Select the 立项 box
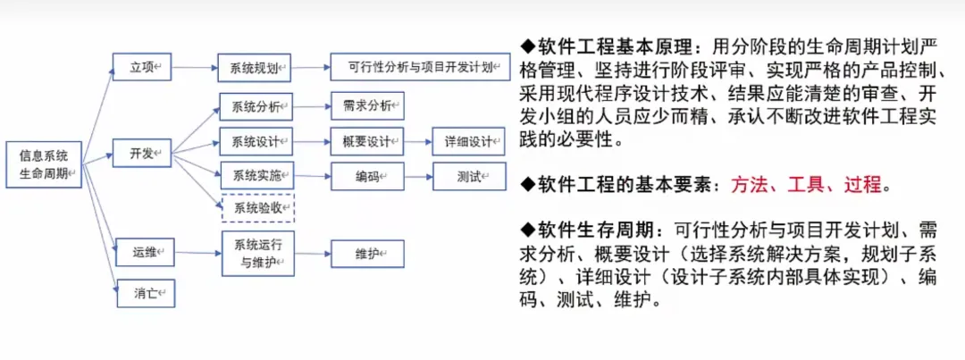click(143, 66)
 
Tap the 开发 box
click(143, 154)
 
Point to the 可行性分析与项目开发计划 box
click(420, 67)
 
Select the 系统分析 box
click(256, 106)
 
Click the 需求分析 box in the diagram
click(367, 106)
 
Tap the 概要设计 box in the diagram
click(367, 141)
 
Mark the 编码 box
click(367, 176)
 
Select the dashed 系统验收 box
click(257, 207)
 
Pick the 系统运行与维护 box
click(257, 253)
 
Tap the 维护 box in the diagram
click(367, 254)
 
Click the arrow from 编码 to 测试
click(418, 176)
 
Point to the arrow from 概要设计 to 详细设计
click(418, 141)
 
